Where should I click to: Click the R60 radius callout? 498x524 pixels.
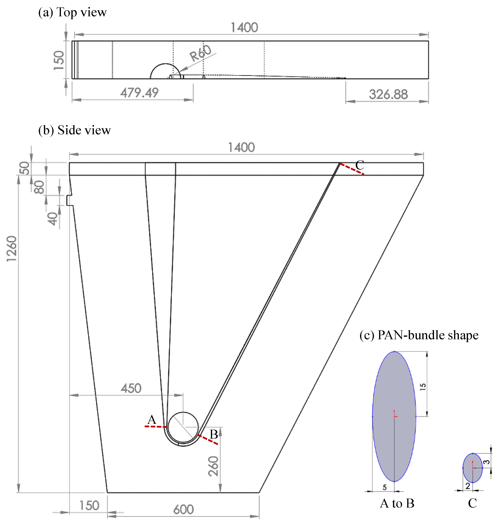coord(200,53)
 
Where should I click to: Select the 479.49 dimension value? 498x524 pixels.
coord(139,93)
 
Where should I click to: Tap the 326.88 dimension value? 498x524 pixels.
coord(388,95)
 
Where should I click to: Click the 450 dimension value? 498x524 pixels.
coord(131,388)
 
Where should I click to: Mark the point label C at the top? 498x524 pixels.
coord(360,165)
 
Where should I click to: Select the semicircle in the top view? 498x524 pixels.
coord(165,70)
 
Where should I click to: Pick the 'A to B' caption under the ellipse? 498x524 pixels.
coord(397,503)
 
